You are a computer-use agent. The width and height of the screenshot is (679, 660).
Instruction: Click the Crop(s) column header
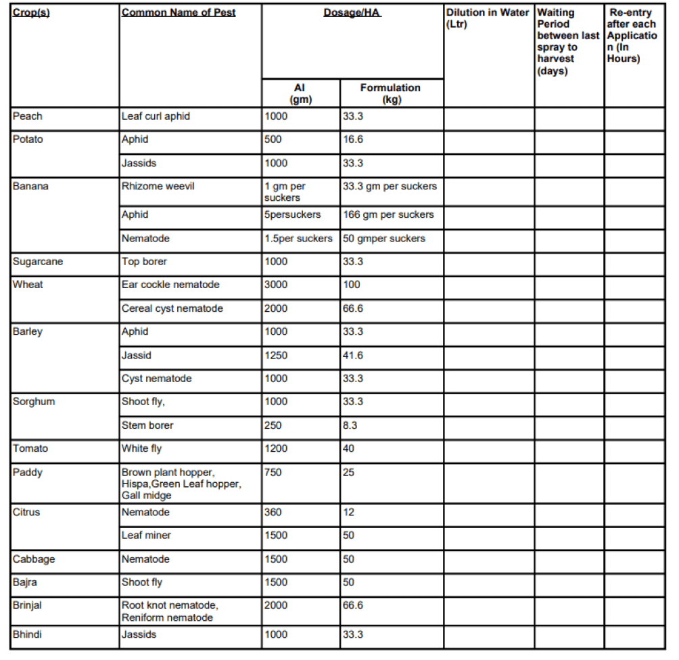(31, 13)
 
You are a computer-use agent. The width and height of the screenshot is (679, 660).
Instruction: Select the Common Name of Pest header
(179, 13)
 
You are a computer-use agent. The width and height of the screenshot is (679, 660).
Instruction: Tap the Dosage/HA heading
(352, 13)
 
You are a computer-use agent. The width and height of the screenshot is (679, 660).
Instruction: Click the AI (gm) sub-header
(300, 93)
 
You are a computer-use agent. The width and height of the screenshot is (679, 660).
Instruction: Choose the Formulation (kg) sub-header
(390, 93)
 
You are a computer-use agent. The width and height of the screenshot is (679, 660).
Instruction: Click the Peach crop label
(28, 116)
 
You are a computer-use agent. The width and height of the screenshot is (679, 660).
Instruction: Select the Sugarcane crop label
(38, 262)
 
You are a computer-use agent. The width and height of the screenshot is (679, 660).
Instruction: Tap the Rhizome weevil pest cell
(158, 186)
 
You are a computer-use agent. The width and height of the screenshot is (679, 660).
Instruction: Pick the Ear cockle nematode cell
(170, 285)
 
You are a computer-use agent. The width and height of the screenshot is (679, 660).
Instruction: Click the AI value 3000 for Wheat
(276, 285)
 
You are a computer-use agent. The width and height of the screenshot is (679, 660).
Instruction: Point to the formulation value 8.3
(350, 425)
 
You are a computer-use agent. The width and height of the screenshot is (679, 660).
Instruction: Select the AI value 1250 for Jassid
(276, 355)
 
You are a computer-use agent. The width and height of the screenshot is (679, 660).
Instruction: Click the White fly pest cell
(142, 448)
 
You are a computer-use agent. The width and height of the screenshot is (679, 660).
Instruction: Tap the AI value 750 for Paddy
(273, 472)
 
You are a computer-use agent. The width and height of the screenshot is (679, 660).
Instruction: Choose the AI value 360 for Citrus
(273, 512)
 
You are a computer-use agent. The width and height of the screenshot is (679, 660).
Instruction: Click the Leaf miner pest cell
(146, 536)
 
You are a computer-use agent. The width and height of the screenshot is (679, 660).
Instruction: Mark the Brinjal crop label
(27, 605)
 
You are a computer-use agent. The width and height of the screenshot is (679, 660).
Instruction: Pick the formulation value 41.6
(353, 355)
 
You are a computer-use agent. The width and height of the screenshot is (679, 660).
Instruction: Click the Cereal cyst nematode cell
(172, 308)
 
